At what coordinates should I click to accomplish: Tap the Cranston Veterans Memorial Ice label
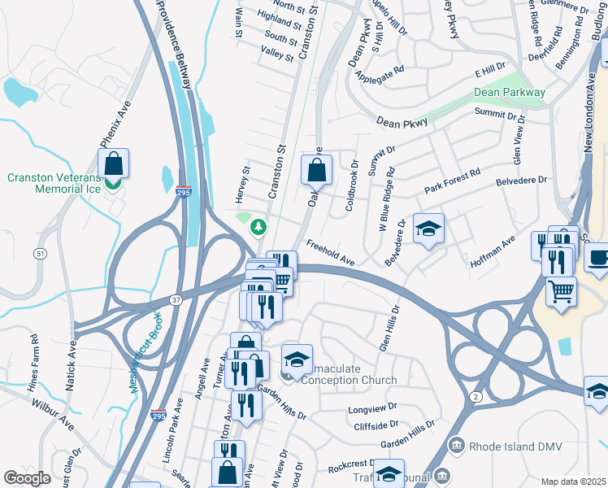pyautogui.click(x=54, y=183)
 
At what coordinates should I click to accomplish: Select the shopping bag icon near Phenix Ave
pyautogui.click(x=114, y=163)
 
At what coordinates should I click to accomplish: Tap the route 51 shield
pyautogui.click(x=40, y=254)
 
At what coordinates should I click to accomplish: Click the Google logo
pyautogui.click(x=26, y=478)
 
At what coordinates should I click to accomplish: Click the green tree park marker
pyautogui.click(x=258, y=226)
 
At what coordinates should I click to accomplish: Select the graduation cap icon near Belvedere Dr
pyautogui.click(x=428, y=229)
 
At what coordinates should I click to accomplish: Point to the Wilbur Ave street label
pyautogui.click(x=54, y=413)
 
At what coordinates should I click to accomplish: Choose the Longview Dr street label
pyautogui.click(x=372, y=408)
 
